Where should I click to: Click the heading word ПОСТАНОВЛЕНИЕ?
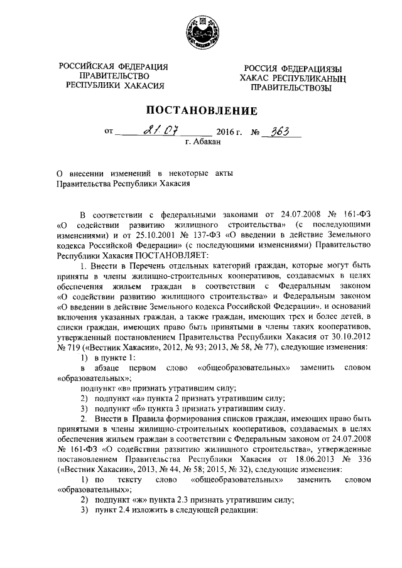201,111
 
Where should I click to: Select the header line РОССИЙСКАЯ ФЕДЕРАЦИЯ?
114,67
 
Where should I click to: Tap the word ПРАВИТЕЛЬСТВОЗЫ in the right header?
287,88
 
